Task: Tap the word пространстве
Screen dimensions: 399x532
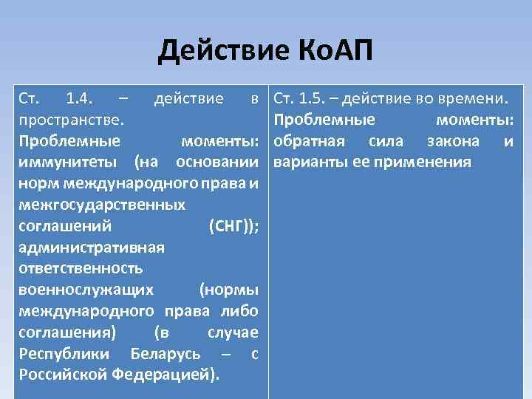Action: tap(71, 120)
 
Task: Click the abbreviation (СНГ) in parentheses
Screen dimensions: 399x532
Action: tap(233, 226)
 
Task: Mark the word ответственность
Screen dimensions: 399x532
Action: tap(81, 268)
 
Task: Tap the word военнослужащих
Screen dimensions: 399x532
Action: tap(86, 290)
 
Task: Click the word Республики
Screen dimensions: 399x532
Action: tap(65, 353)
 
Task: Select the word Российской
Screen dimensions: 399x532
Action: tap(64, 375)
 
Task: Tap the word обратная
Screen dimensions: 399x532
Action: tap(309, 141)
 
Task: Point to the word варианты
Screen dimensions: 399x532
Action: tap(307, 162)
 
